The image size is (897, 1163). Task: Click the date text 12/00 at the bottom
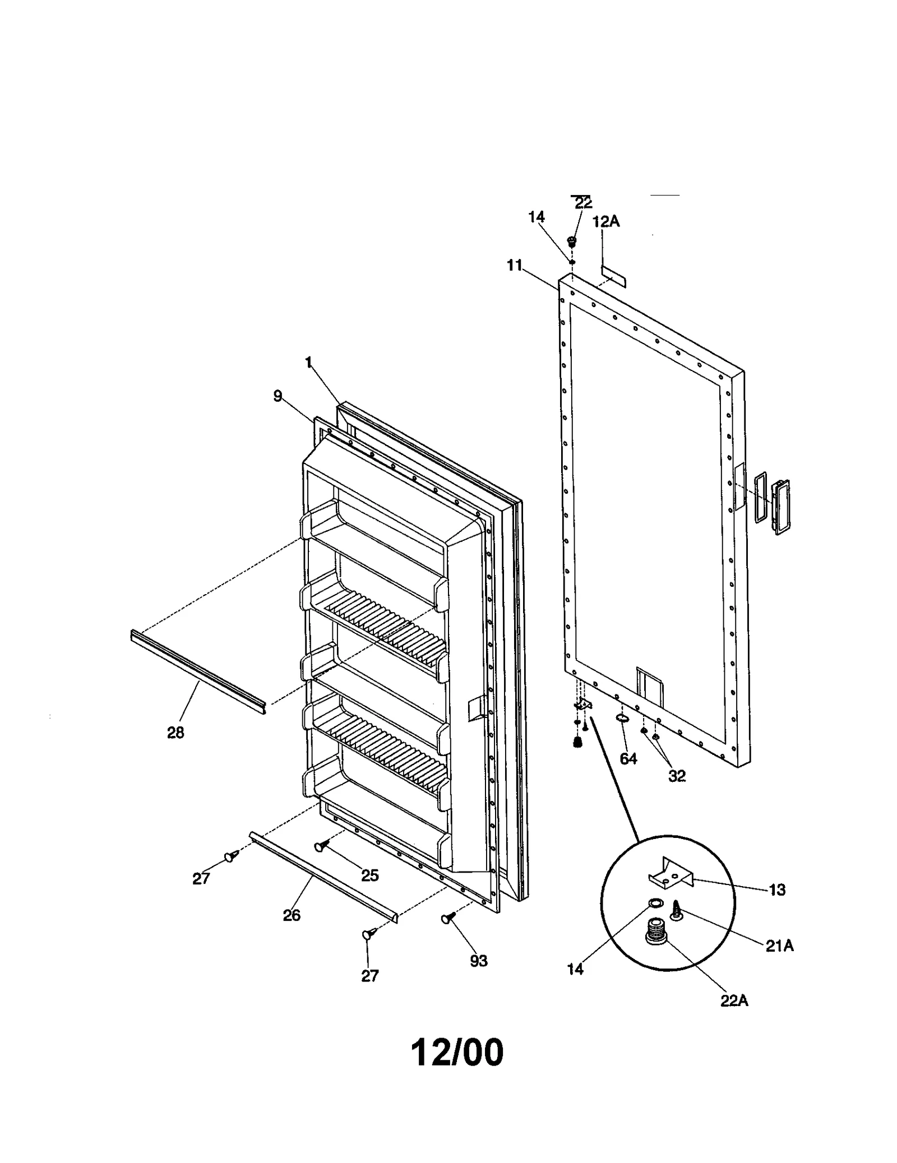coord(457,1052)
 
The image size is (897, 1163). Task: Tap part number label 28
coord(175,732)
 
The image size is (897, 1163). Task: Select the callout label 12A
coord(606,221)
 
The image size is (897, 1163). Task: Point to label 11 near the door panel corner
coord(515,265)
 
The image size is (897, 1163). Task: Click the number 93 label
coord(478,961)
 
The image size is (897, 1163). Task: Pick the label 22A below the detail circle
coord(734,1000)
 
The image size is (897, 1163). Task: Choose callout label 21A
coord(780,946)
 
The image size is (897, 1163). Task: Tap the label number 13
coord(778,889)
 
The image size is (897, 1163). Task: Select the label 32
coord(677,776)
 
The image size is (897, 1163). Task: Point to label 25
coord(370,875)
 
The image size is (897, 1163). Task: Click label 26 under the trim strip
coord(292,915)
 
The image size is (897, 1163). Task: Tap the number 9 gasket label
coord(278,396)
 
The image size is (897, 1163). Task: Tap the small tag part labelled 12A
coord(614,275)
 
